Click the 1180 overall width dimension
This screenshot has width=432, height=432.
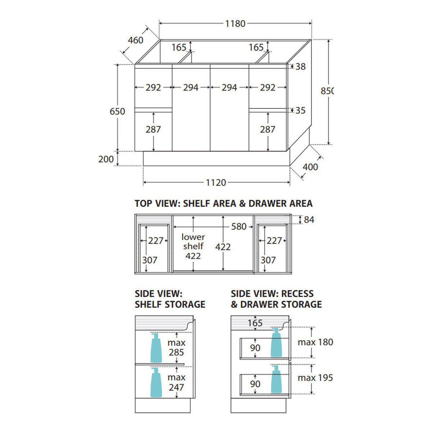235,23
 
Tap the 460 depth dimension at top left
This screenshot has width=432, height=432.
135,40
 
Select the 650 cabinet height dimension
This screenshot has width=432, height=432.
117,111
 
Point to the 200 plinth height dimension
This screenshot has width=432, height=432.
106,159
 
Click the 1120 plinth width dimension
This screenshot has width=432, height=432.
216,183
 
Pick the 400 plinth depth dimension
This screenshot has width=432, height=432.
310,167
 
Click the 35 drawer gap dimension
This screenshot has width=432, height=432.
300,110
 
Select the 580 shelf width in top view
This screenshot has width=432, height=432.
239,226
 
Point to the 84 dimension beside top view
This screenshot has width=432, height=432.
309,220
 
